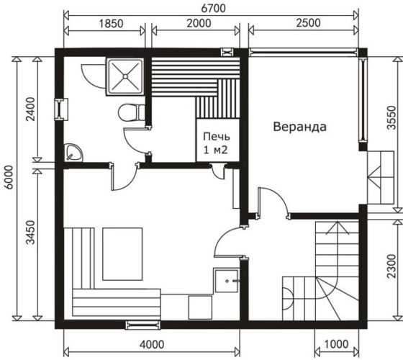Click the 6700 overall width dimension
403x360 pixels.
213,8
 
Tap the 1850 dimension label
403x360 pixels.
112,23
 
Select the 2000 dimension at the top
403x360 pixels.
199,23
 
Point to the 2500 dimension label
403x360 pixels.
308,23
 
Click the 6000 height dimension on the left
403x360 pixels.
9,177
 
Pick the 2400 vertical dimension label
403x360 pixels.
30,109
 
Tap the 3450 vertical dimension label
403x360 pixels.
30,232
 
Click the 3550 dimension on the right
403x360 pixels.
391,118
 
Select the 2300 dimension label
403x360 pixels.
391,266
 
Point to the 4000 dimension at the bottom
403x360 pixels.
152,345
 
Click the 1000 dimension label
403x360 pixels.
336,344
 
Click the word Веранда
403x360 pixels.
299,127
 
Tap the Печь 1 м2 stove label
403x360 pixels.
216,143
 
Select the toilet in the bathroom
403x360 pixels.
132,112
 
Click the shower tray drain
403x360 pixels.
125,76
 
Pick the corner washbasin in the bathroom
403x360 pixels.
73,153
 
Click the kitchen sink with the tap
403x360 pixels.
227,281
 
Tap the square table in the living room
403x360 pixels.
122,254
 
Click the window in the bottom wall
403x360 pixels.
143,325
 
